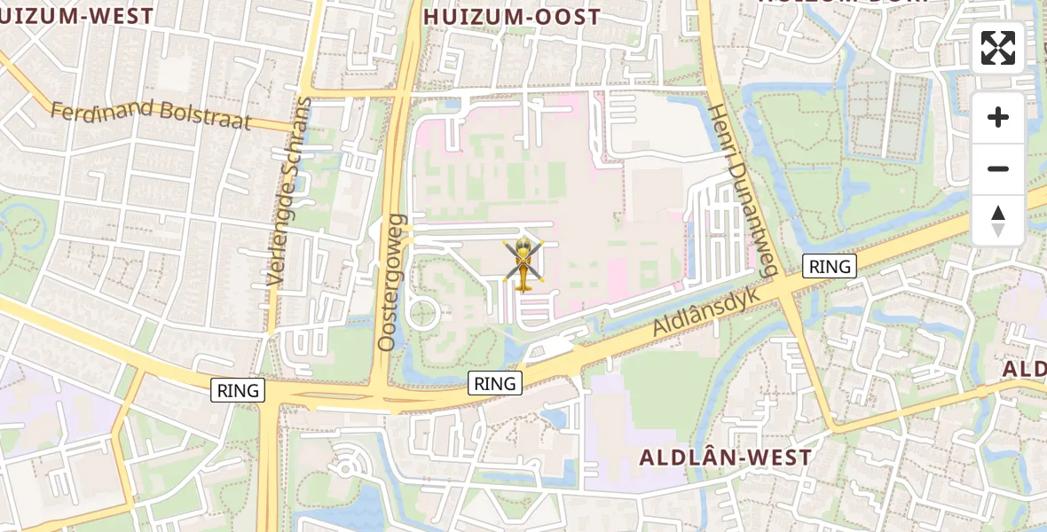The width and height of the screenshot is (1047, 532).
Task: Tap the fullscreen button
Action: click(x=998, y=48)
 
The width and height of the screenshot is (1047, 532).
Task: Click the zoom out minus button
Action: click(x=998, y=168)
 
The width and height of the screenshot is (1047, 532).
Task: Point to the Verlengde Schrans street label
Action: click(x=290, y=191)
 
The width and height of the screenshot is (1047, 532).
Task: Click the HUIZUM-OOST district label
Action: click(x=512, y=17)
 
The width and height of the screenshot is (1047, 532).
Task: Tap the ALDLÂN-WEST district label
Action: click(x=726, y=458)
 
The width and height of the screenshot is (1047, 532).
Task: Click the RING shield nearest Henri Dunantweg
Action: click(x=830, y=266)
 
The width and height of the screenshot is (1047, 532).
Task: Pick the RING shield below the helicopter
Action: click(x=495, y=383)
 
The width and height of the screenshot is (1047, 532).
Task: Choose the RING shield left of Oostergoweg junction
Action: click(x=238, y=390)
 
